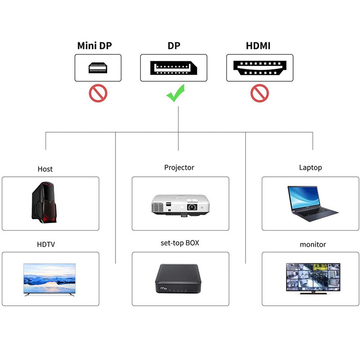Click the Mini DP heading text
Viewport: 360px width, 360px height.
coord(95,46)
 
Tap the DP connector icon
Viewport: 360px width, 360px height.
coord(174,68)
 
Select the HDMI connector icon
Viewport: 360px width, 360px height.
coord(260,68)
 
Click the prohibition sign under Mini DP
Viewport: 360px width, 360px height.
coord(98,93)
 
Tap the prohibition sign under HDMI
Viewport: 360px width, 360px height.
coord(260,93)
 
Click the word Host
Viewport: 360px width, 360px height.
coord(45,169)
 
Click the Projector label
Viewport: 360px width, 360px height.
coord(179,167)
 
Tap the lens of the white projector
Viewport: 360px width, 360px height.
coord(192,207)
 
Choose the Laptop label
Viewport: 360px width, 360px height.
coord(310,167)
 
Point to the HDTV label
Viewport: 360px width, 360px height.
coord(46,244)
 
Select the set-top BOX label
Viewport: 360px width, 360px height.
coord(180,243)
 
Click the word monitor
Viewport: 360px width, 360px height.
coord(313,244)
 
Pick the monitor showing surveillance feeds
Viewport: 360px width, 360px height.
coord(312,277)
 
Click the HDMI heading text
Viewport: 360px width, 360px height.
coord(258,46)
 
